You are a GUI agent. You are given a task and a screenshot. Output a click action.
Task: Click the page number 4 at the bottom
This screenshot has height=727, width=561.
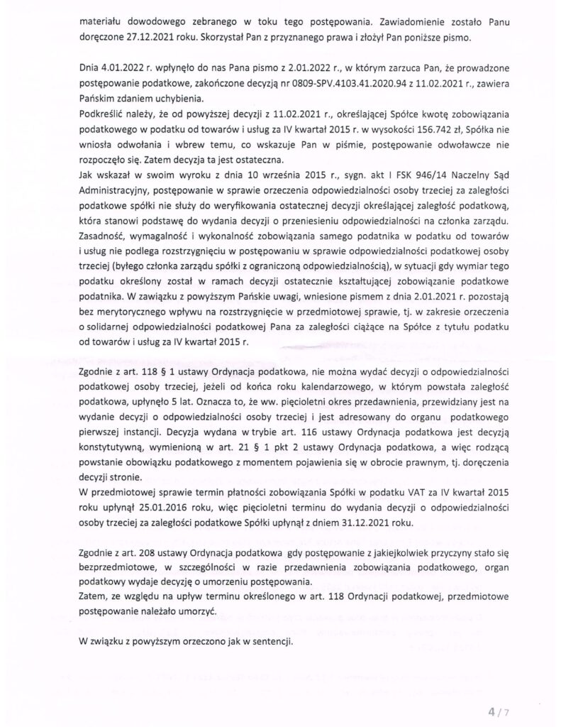[x=491, y=709]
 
